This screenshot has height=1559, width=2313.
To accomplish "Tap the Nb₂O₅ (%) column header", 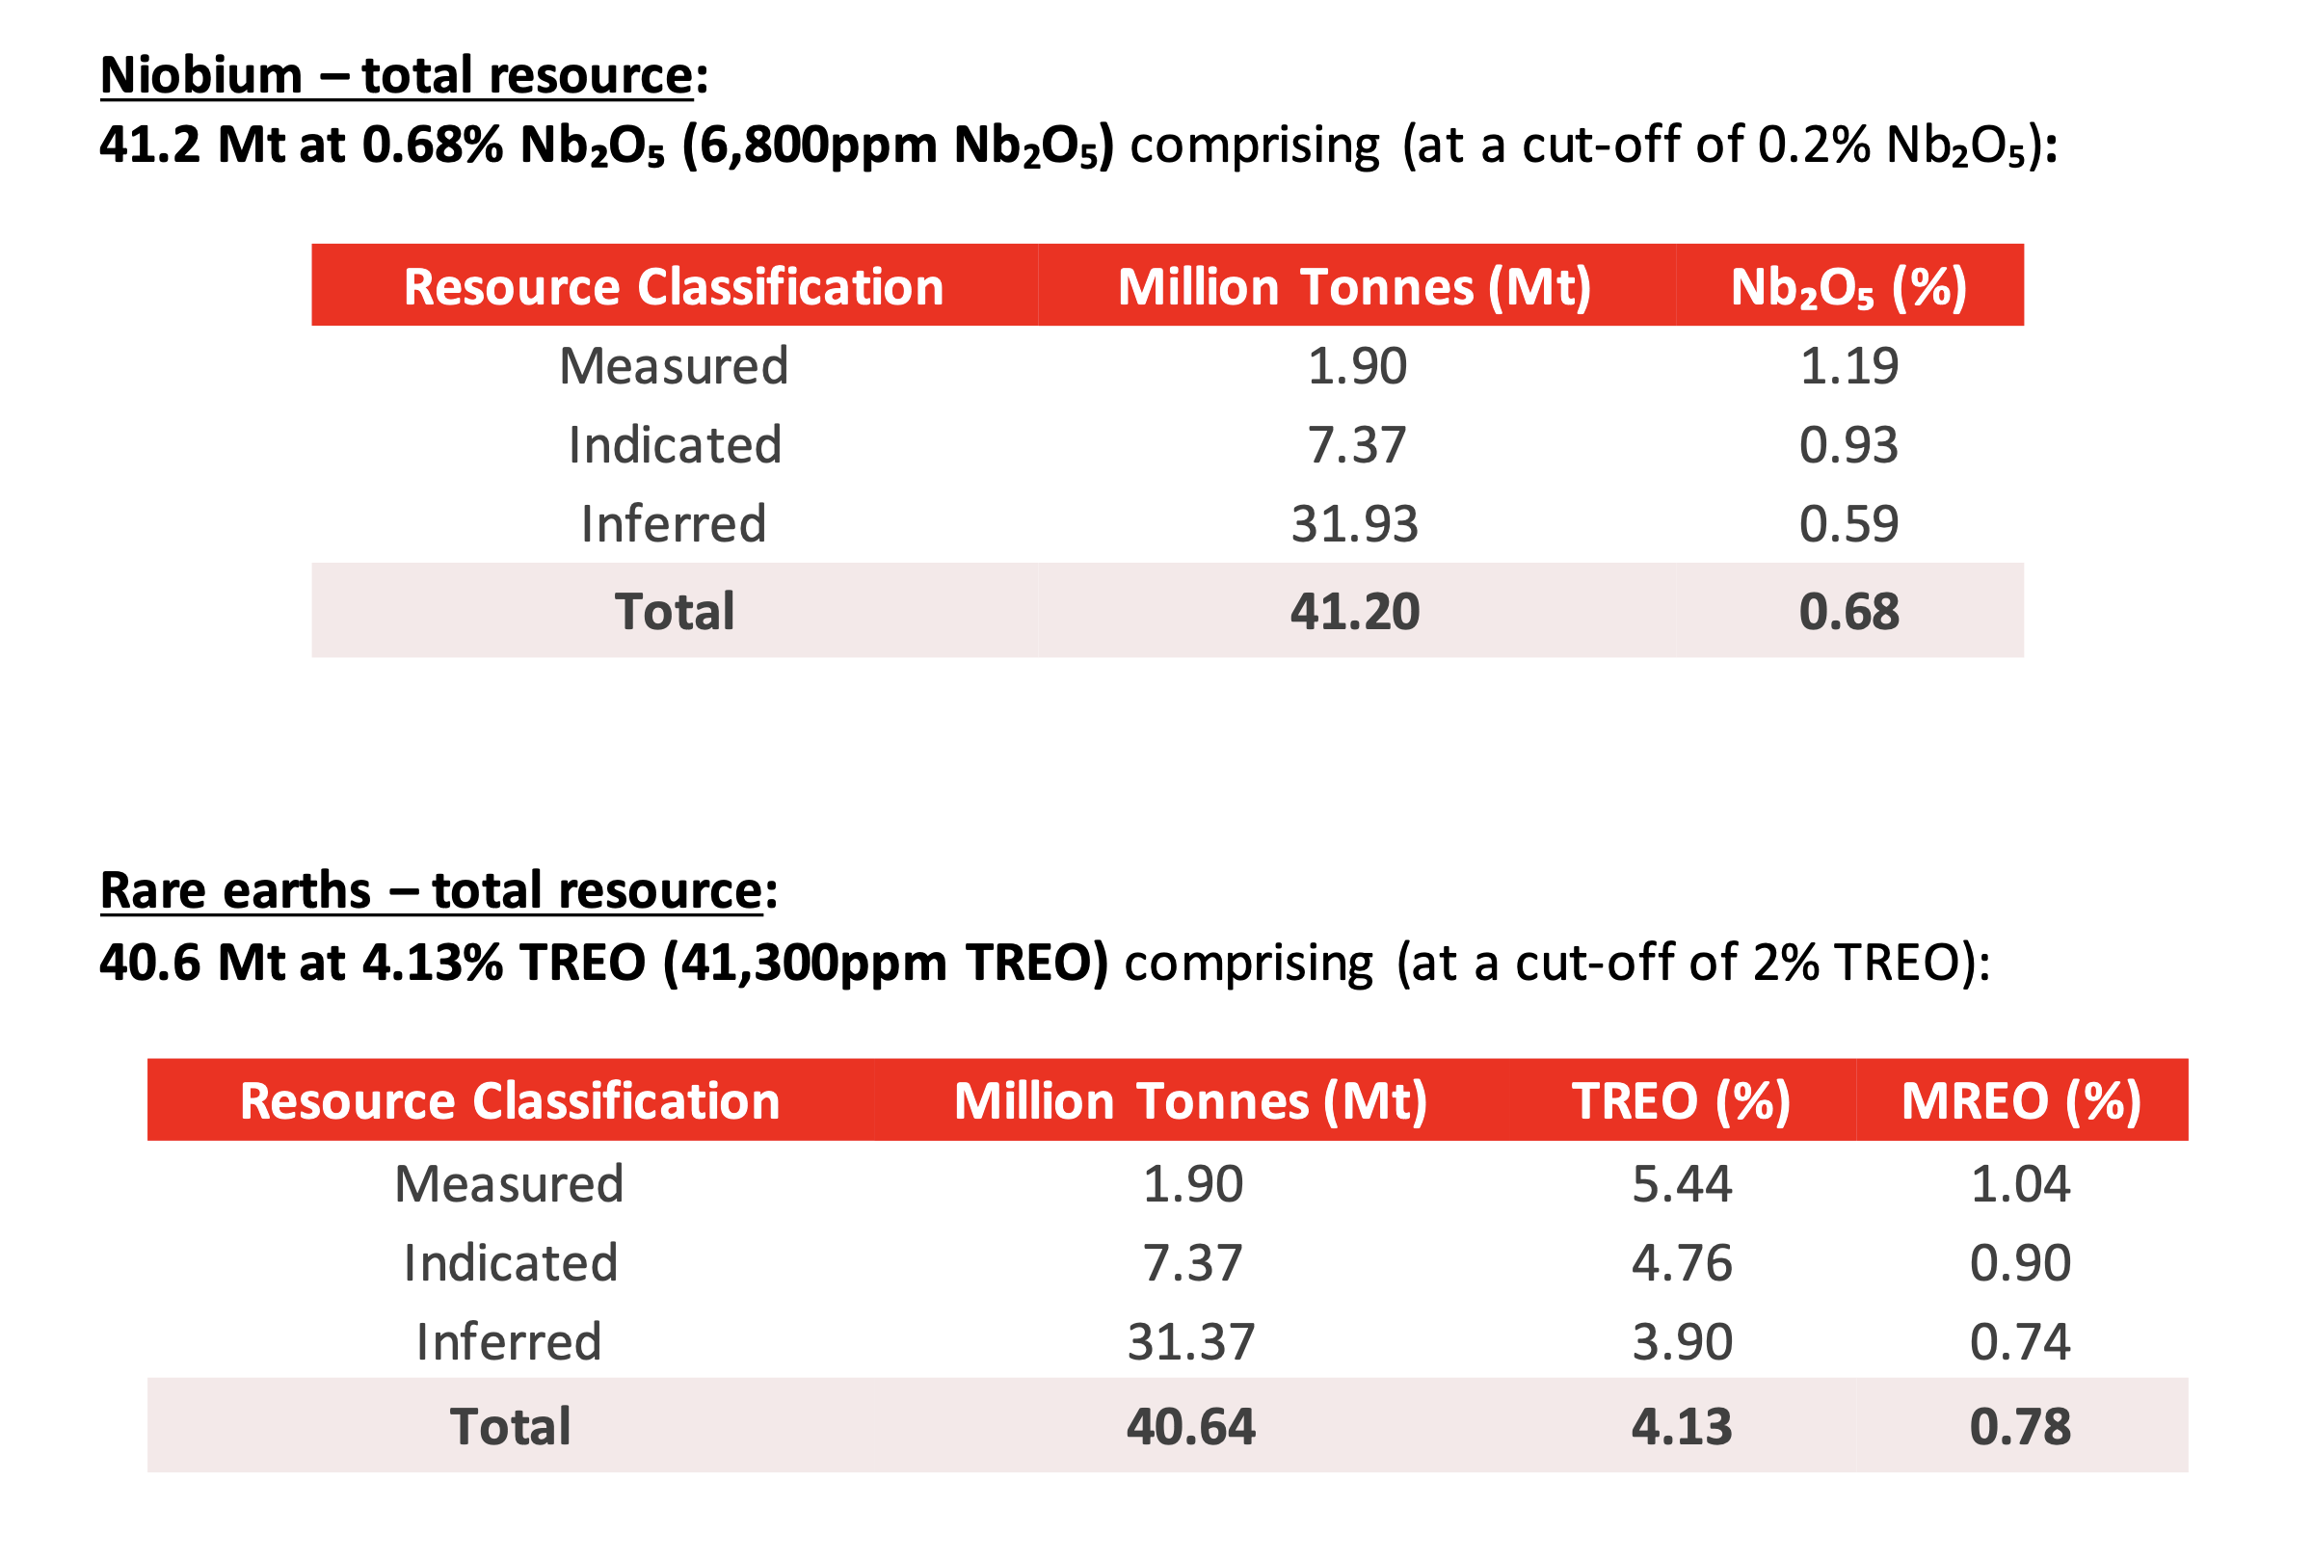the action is click(1848, 287).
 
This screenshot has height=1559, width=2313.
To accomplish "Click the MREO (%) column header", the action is click(2022, 1101).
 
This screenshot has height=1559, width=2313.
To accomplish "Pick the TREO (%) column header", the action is click(1682, 1101).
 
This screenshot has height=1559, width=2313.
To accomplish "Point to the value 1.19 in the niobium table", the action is click(1849, 366).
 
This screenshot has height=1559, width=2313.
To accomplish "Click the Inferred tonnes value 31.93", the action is click(1354, 524).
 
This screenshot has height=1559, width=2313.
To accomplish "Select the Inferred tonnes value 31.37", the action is click(1191, 1342).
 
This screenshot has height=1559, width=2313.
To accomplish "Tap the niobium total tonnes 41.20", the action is click(1355, 612).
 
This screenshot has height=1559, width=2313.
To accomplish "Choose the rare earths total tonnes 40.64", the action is click(1191, 1427).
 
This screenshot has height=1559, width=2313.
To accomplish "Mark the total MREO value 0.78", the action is click(2021, 1427).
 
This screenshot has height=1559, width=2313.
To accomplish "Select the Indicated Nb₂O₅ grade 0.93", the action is click(1849, 445).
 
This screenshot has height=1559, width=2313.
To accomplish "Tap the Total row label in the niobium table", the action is click(676, 612).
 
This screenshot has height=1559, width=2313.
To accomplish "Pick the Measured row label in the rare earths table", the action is click(509, 1184).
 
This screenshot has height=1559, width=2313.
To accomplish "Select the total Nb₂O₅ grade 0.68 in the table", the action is click(1849, 612).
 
